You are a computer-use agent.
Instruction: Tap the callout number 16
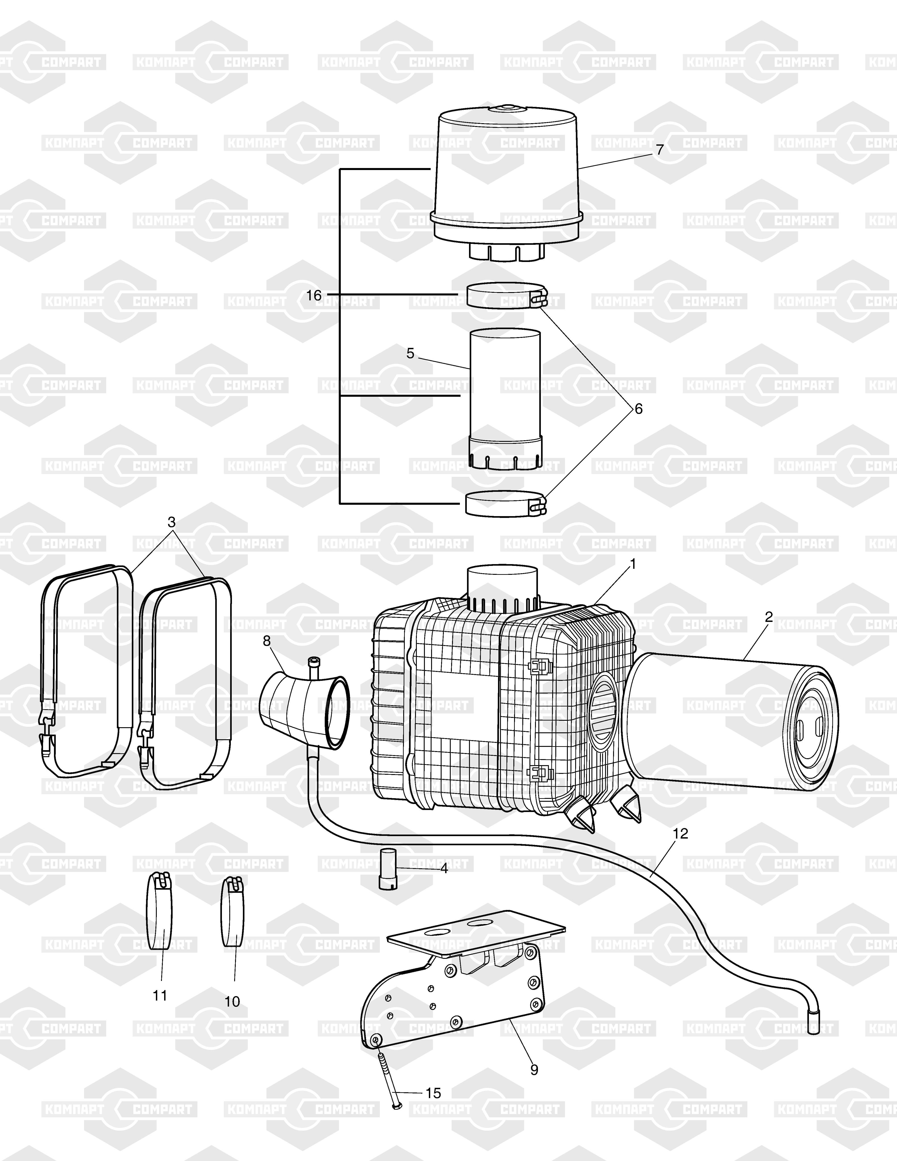[314, 295]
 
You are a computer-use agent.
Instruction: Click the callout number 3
[171, 522]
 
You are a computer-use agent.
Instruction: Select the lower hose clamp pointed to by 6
[506, 503]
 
